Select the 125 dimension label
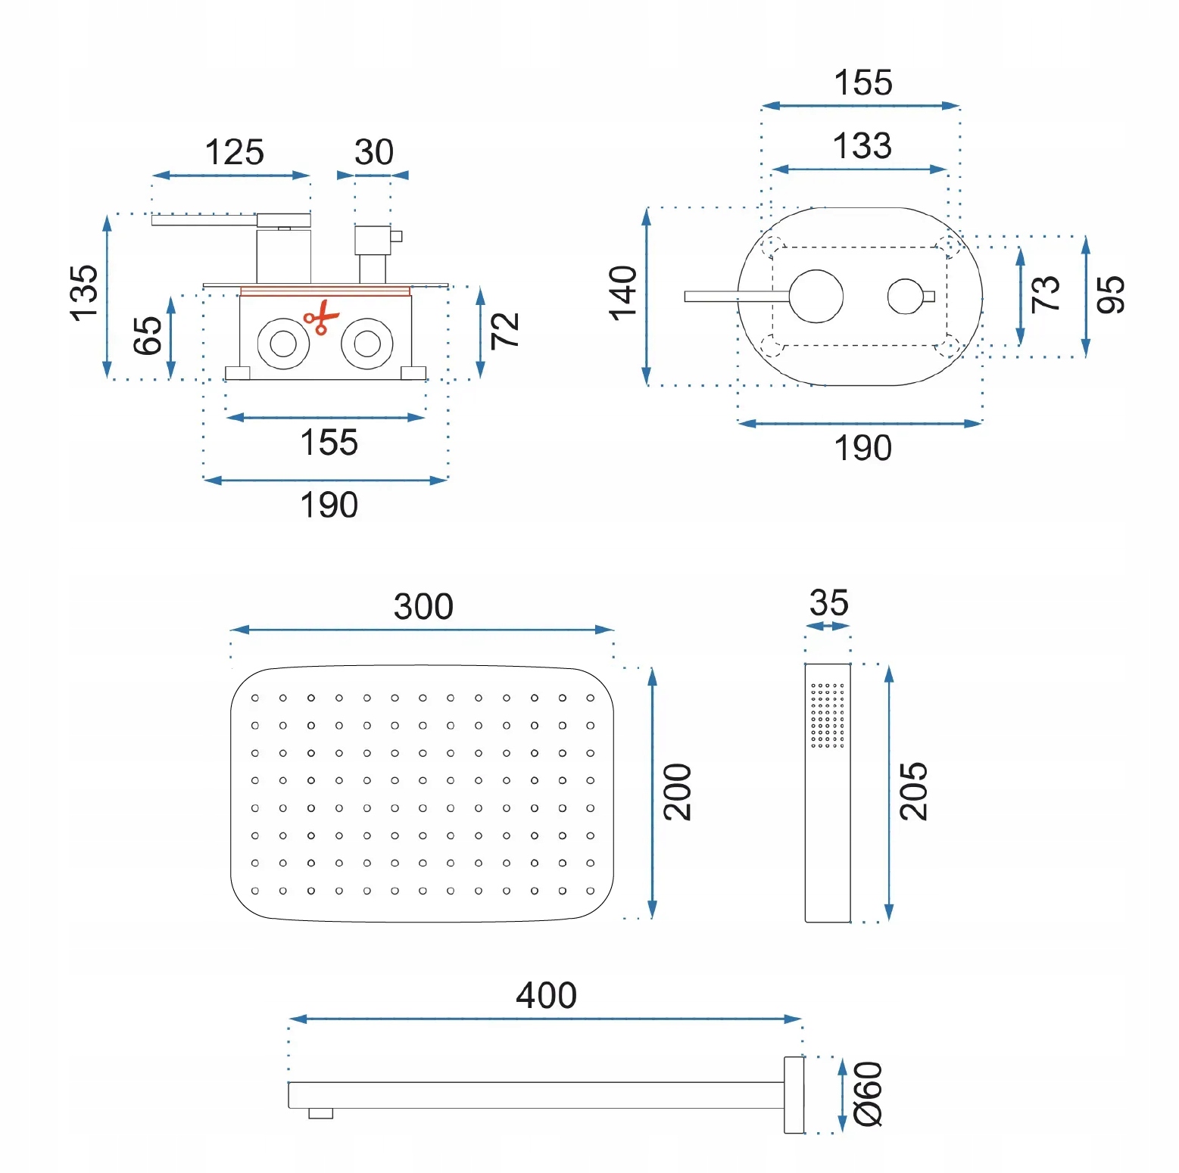coord(234,152)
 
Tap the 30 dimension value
coord(374,152)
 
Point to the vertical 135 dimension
coord(83,293)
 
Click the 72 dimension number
coord(505,331)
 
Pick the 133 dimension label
coord(862,145)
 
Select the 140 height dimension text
coord(623,293)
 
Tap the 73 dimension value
coord(1046,293)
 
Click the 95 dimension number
coord(1111,294)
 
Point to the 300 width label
coord(423,606)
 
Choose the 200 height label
coord(678,792)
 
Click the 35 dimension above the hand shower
coord(828,603)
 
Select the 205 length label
coord(913,792)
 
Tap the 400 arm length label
coord(546,995)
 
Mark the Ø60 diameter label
coord(869,1094)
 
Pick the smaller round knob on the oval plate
coord(905,297)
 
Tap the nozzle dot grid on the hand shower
coord(827,715)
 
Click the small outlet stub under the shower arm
coord(320,1113)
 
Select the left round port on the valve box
coord(283,344)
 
